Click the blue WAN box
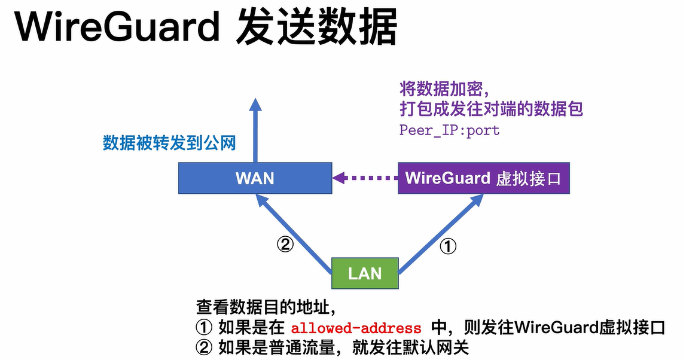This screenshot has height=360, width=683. (255, 178)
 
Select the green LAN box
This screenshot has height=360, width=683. (365, 273)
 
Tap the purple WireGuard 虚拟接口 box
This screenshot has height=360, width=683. (483, 178)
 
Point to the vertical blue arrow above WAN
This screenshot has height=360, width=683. (255, 129)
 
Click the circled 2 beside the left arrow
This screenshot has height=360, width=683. (285, 245)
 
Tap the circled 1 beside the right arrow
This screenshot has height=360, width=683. (448, 246)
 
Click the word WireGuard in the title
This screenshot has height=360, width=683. (116, 27)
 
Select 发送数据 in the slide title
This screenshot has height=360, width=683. (316, 27)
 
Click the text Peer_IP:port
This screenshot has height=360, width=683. (449, 130)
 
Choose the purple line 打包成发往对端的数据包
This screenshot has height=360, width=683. (491, 109)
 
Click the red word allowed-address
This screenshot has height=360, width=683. (356, 328)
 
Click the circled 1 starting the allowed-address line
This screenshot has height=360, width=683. (205, 328)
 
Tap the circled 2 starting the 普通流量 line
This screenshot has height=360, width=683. (205, 347)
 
